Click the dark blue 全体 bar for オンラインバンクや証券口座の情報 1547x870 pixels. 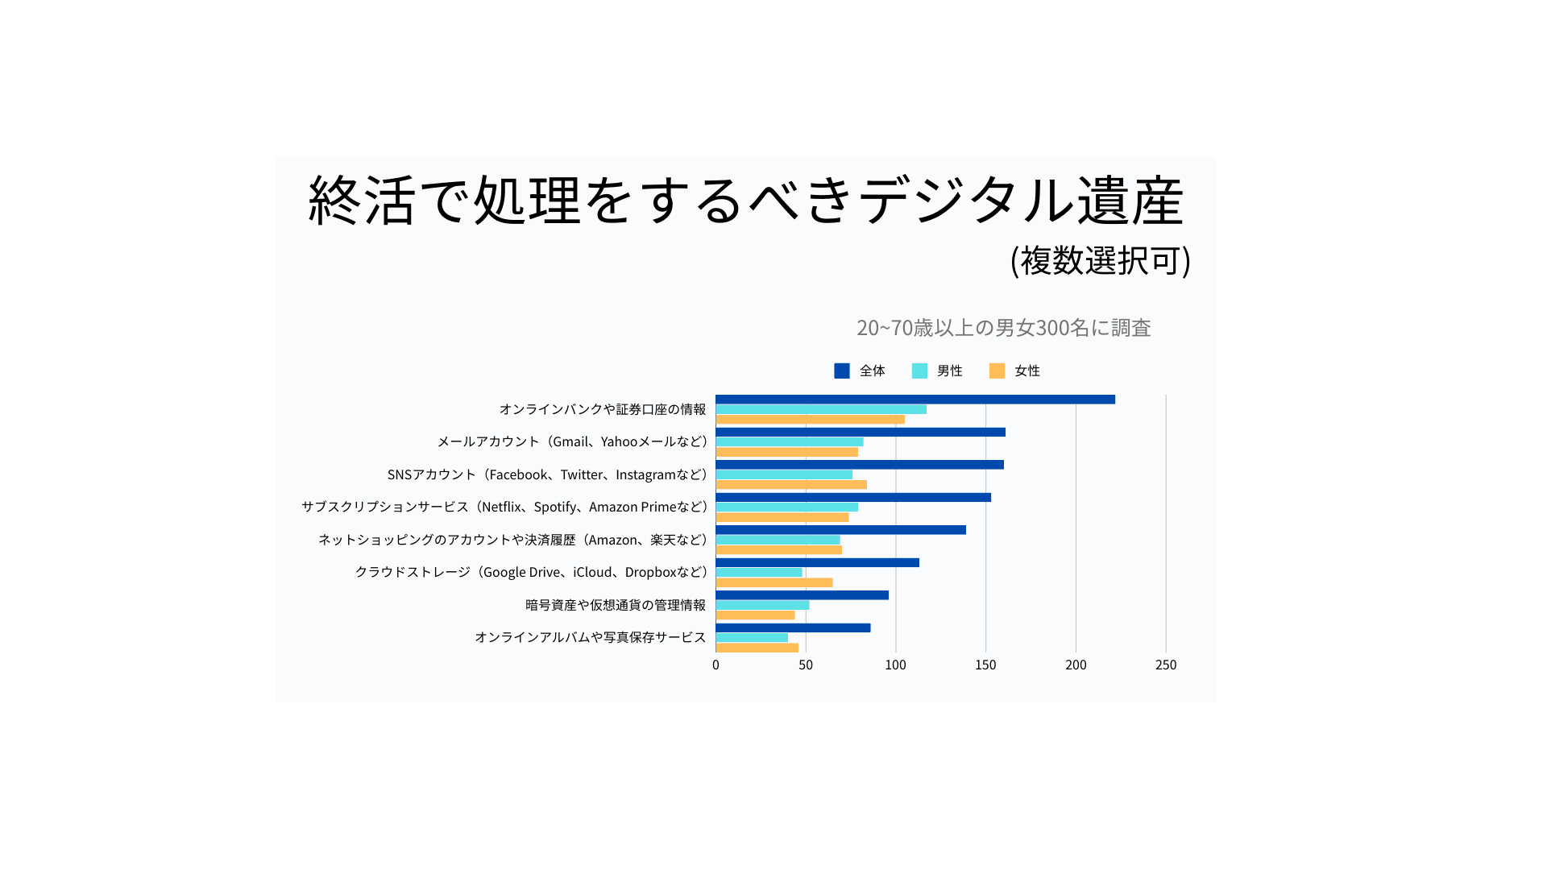[915, 400]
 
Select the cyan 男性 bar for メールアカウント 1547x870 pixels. [789, 442]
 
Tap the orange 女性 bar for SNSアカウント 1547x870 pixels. [790, 485]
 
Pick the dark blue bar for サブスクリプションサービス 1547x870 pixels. [852, 498]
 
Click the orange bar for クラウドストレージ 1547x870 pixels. [773, 582]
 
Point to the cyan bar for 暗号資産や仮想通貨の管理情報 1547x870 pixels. [762, 605]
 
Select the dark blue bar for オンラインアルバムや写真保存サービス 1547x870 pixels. [793, 628]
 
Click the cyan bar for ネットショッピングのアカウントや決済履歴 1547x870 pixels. [778, 540]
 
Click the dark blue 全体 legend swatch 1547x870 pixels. [842, 371]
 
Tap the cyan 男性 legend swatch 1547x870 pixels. [919, 371]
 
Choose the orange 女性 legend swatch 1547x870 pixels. [997, 371]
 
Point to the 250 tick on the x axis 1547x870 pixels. [1166, 665]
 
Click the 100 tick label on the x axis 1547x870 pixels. [895, 665]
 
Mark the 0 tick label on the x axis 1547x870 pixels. [715, 665]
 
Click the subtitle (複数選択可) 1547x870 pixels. [1101, 260]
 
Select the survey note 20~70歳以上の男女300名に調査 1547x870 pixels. [1003, 328]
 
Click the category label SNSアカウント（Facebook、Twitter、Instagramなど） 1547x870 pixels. [547, 474]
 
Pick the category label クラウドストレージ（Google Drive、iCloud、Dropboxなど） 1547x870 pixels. [531, 572]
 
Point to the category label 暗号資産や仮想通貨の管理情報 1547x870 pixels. [616, 605]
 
